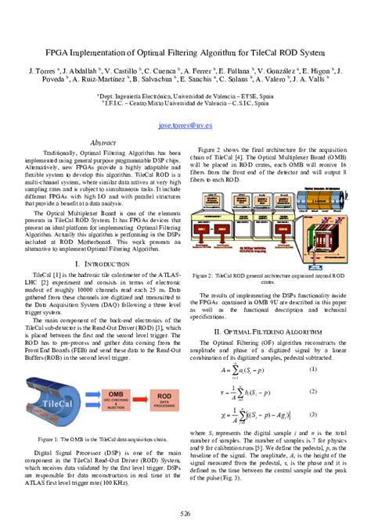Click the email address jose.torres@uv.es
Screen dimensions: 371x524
point(185,124)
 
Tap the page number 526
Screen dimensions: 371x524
point(185,512)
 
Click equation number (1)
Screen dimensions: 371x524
point(312,369)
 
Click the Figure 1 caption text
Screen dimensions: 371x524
point(104,440)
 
